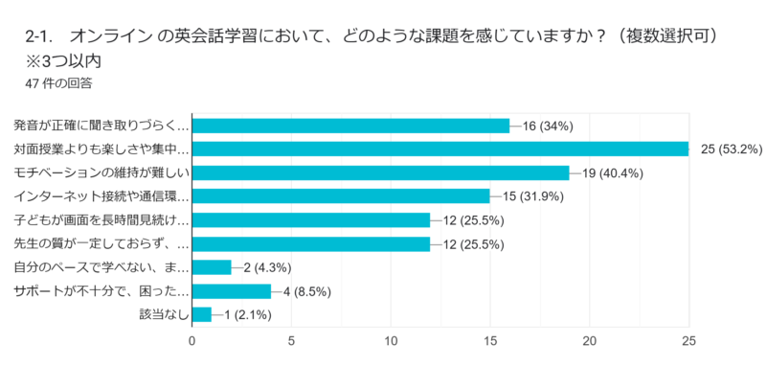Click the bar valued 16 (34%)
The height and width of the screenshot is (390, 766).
click(x=350, y=126)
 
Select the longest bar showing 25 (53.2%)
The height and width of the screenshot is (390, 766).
click(x=440, y=149)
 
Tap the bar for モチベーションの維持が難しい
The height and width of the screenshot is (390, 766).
click(x=380, y=172)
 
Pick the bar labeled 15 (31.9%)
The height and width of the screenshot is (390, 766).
click(x=341, y=196)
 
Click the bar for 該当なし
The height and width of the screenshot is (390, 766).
click(x=202, y=314)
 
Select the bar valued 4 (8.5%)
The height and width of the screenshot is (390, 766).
click(x=232, y=290)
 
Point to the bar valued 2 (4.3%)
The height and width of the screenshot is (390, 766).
click(x=212, y=267)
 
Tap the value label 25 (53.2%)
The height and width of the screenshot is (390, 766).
click(x=732, y=149)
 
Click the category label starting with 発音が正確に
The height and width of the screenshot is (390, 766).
click(x=101, y=126)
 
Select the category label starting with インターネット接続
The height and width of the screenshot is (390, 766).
click(x=101, y=196)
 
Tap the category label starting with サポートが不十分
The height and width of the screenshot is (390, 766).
click(x=101, y=290)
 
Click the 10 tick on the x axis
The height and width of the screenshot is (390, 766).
click(x=391, y=340)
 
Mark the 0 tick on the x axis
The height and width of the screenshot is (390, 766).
click(x=192, y=340)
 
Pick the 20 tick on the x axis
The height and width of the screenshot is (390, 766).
click(x=590, y=340)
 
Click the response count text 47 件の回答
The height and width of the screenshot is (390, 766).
click(x=59, y=82)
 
